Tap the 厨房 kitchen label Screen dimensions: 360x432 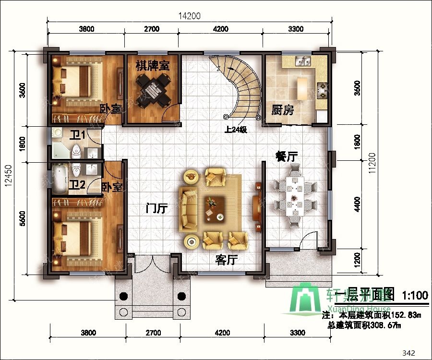point(282,110)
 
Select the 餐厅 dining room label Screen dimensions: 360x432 point(287,156)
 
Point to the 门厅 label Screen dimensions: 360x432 point(156,209)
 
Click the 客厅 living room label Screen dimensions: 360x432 point(227,260)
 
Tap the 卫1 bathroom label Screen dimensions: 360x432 point(77,135)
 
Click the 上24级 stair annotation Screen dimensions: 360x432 point(235,129)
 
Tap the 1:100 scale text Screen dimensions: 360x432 point(415,295)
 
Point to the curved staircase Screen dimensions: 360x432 point(240,86)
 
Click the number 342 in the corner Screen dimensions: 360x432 point(408,353)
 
